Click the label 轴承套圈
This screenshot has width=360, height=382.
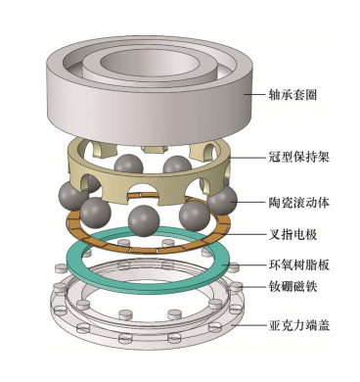click(292, 95)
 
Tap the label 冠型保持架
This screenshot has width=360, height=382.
click(298, 158)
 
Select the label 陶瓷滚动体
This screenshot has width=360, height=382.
click(298, 203)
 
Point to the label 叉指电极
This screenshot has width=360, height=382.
click(292, 234)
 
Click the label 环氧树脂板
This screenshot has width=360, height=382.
click(298, 264)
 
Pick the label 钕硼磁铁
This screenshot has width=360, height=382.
click(292, 287)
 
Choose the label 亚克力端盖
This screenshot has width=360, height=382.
click(298, 325)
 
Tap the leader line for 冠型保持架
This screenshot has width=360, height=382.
click(247, 158)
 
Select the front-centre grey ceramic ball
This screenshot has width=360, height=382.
click(144, 220)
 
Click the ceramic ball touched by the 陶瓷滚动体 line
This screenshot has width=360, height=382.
click(222, 200)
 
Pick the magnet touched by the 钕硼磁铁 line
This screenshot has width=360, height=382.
click(236, 286)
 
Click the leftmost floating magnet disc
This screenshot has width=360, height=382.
click(61, 268)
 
